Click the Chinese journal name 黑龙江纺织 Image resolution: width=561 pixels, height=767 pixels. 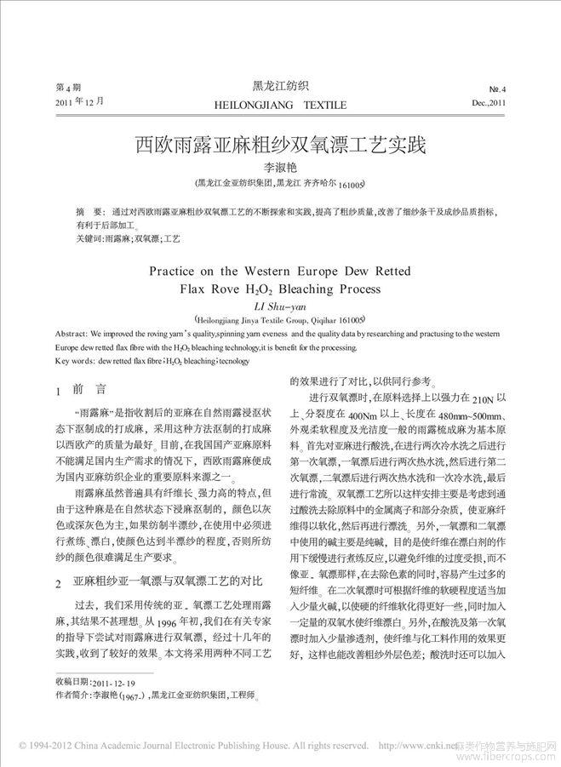280,85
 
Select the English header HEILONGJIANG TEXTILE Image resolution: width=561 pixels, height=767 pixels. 280,105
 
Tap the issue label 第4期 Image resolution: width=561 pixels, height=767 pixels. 68,89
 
